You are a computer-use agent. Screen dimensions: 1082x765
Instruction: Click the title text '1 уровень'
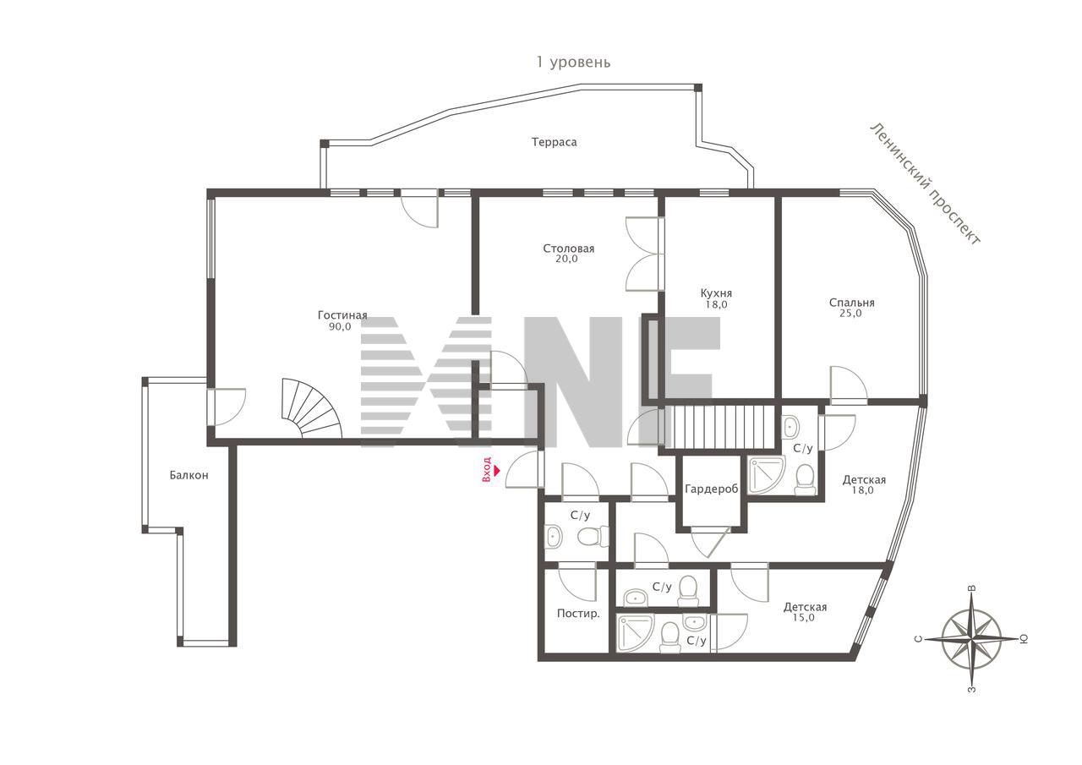point(573,63)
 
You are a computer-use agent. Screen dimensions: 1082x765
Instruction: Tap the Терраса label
point(554,142)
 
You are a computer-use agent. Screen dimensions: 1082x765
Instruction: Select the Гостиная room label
point(342,315)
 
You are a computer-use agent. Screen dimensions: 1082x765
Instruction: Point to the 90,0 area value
point(340,327)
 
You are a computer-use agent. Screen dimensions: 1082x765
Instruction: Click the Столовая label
point(569,249)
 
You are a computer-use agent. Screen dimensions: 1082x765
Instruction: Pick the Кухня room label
point(716,293)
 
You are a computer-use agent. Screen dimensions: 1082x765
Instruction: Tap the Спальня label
point(851,303)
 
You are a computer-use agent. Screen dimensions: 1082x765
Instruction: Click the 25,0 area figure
point(850,314)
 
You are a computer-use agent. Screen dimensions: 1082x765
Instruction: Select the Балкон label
point(189,475)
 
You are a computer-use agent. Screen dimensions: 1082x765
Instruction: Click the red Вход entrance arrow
point(497,469)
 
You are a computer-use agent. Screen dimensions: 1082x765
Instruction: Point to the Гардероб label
point(712,489)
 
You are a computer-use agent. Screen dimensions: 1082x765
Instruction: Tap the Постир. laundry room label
point(578,614)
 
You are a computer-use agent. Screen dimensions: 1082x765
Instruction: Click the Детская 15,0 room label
point(805,612)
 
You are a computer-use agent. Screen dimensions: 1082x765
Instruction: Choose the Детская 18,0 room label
point(864,485)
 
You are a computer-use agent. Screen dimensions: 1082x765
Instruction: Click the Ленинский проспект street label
point(925,184)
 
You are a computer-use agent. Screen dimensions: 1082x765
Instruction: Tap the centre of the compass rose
point(971,639)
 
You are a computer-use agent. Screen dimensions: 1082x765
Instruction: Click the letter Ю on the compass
point(1023,639)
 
